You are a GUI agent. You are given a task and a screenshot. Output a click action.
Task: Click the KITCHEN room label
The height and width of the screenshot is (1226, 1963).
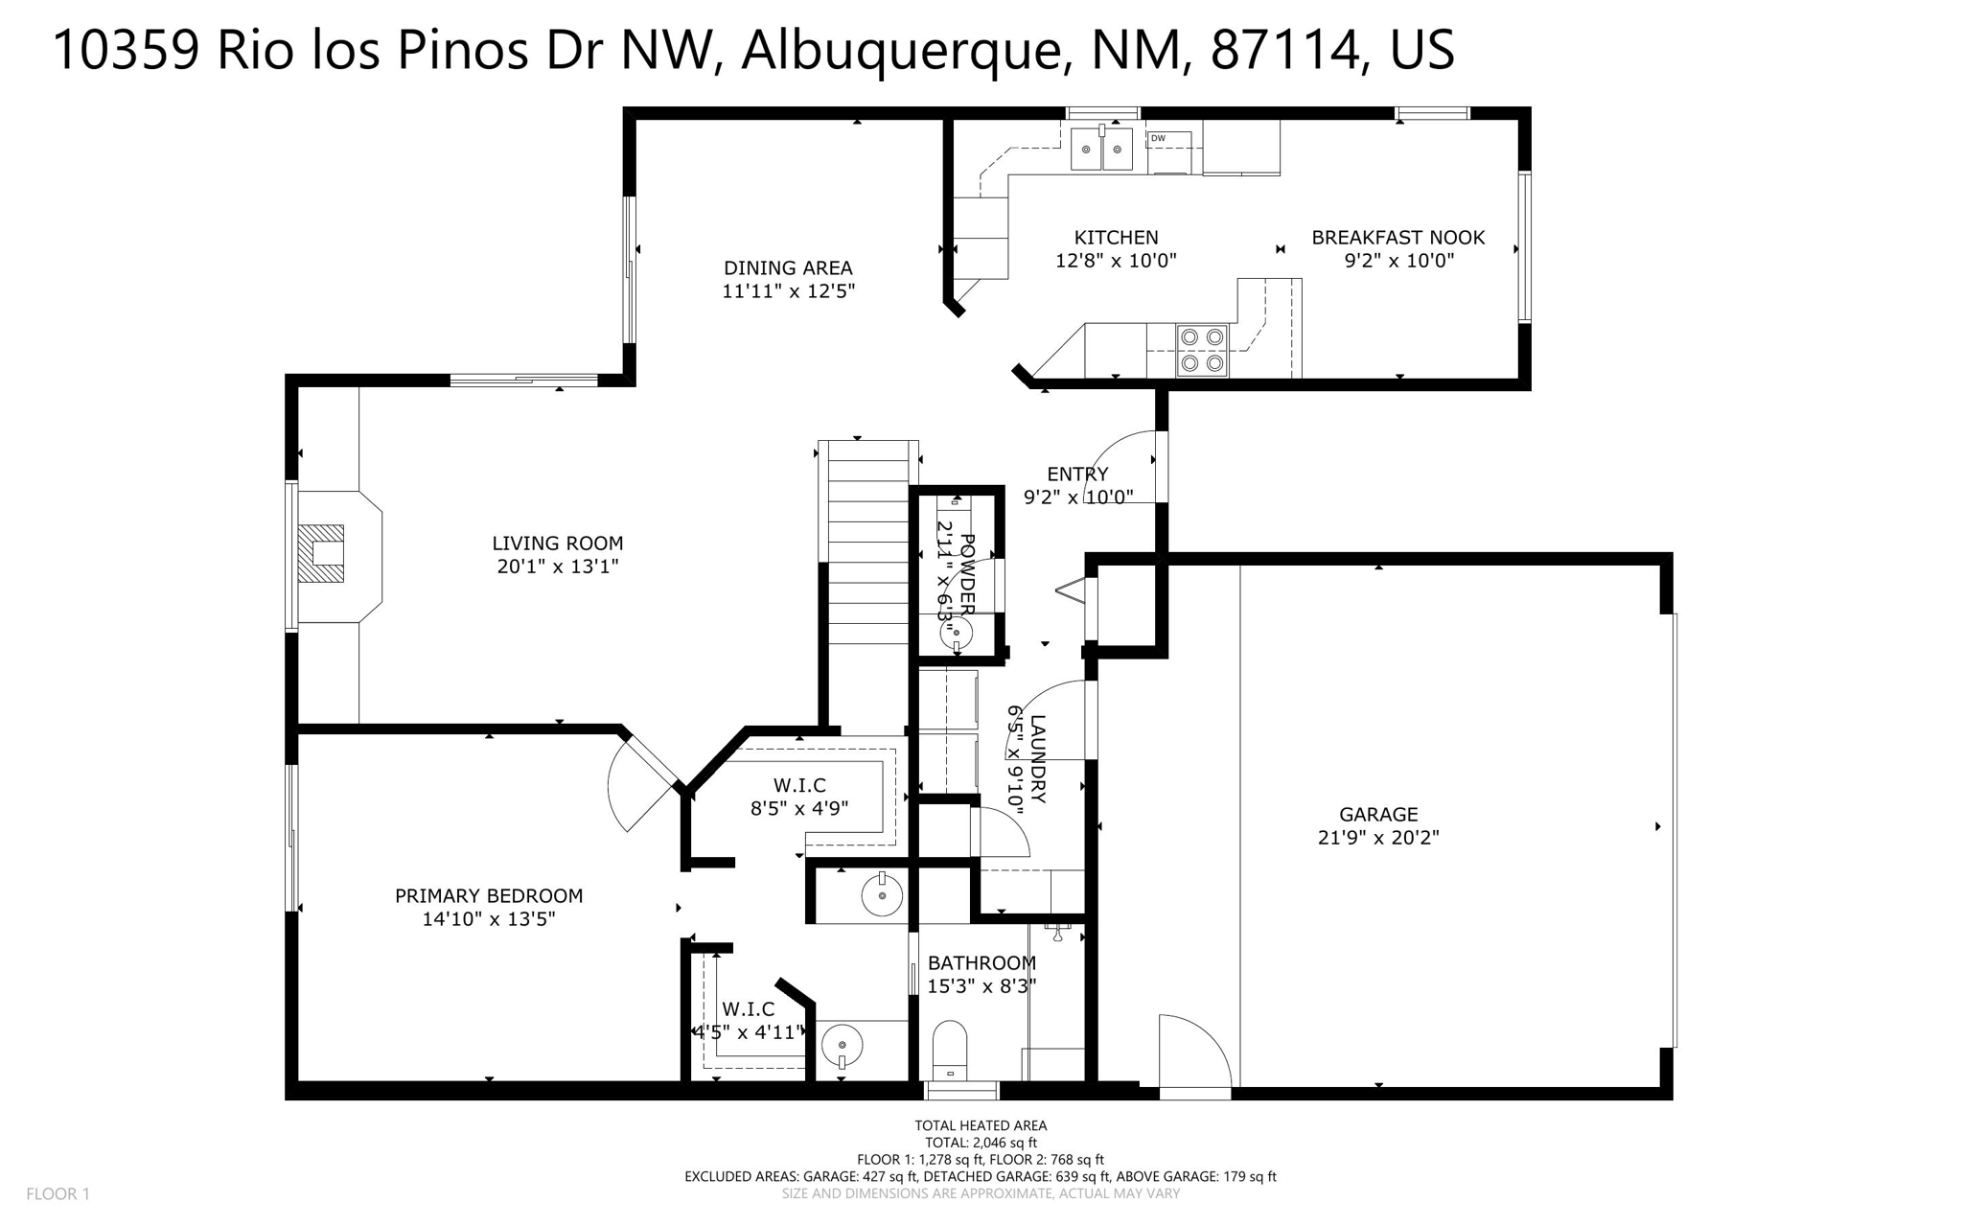[1116, 238]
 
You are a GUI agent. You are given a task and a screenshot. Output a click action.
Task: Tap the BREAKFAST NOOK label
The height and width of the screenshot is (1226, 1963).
[1397, 238]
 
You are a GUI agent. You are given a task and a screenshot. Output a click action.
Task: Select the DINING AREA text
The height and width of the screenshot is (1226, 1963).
[788, 268]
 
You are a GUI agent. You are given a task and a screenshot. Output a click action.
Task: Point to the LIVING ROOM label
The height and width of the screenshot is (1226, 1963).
[558, 544]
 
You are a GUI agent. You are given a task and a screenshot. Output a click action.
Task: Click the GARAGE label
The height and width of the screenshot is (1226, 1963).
[1378, 815]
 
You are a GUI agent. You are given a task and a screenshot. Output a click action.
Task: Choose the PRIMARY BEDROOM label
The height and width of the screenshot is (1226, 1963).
[489, 896]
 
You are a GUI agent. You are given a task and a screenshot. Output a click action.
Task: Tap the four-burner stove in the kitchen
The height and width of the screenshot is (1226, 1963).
[1202, 350]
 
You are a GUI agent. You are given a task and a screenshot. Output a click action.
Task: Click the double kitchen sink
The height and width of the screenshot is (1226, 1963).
[1101, 150]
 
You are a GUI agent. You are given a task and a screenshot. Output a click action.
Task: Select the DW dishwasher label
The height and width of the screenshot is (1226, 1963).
[1158, 139]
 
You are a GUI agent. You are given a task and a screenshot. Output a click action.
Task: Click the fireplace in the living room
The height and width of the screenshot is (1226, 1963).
[321, 553]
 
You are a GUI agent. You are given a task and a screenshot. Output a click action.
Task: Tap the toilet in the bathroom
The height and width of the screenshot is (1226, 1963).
[950, 1050]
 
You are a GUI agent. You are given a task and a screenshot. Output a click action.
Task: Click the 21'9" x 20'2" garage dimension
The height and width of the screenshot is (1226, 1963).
[1378, 838]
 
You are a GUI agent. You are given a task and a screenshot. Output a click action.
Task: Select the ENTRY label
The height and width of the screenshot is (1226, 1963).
[1077, 474]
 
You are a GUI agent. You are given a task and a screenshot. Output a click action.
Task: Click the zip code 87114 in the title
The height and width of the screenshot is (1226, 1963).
[1285, 50]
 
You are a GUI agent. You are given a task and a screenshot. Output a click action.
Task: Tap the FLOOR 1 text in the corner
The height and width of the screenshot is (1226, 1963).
[58, 1193]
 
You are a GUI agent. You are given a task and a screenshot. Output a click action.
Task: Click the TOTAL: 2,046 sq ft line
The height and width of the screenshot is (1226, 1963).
[981, 1143]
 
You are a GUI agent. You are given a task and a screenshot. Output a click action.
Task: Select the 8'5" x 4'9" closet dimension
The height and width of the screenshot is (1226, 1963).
[799, 809]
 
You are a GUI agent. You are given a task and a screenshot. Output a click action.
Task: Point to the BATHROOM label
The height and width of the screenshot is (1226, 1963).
[981, 963]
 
